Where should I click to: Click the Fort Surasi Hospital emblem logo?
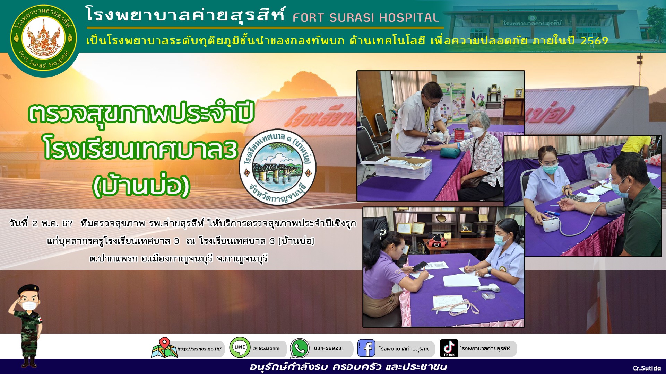44,38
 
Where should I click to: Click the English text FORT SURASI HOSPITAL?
366,18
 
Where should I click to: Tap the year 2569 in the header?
594,41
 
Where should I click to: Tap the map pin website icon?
164,348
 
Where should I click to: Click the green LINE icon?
240,347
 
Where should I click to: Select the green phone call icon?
300,348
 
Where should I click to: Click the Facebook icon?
366,348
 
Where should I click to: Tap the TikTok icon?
449,348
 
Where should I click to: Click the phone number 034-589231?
329,348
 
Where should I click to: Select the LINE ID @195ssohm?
266,348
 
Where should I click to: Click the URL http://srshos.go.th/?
199,349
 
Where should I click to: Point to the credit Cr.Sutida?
647,368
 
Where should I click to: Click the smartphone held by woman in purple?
420,266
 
